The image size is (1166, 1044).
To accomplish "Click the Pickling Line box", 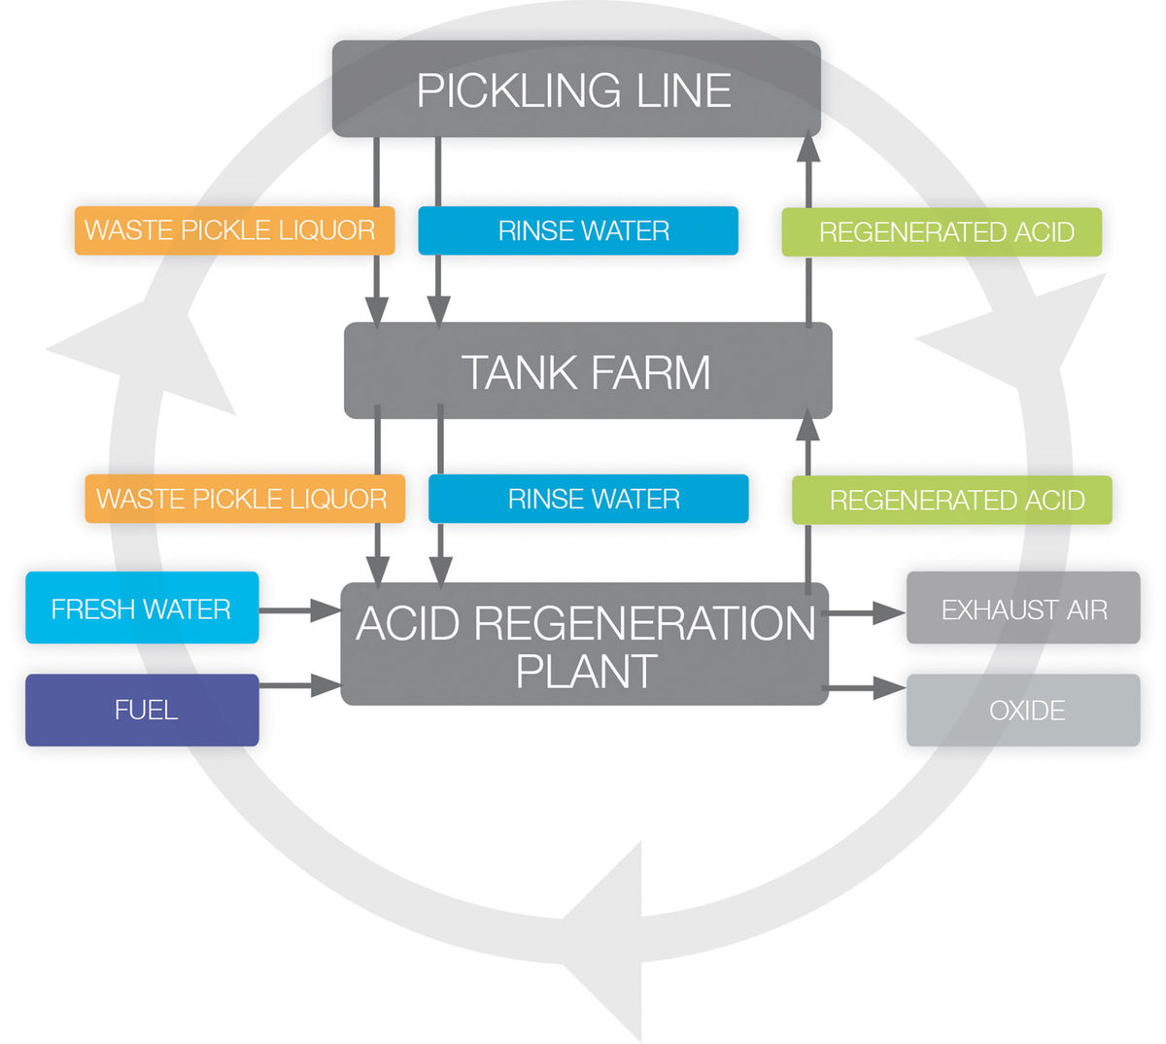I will [576, 88].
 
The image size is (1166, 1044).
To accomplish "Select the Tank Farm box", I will [587, 371].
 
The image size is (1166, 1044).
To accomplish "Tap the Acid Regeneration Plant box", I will [584, 644].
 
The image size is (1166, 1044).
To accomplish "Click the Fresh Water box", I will [142, 609].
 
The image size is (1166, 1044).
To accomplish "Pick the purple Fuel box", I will [142, 710].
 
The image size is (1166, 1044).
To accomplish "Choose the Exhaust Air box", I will [1023, 609].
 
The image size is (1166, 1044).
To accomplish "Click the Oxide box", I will [1023, 711].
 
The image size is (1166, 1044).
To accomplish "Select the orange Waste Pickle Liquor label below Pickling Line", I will [234, 231].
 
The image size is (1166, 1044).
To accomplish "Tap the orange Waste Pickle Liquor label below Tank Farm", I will [244, 500].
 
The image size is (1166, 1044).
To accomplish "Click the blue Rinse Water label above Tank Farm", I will [578, 231].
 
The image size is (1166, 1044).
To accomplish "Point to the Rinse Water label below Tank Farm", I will [589, 500].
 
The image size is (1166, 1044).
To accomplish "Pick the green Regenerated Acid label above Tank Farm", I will [942, 232].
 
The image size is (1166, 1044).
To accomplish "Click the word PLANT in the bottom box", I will [586, 672].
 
